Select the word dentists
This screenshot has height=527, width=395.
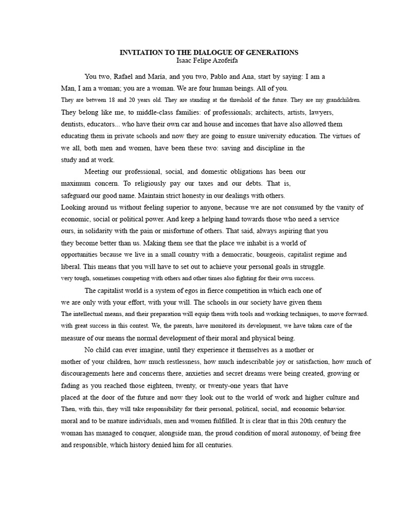coord(73,124)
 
